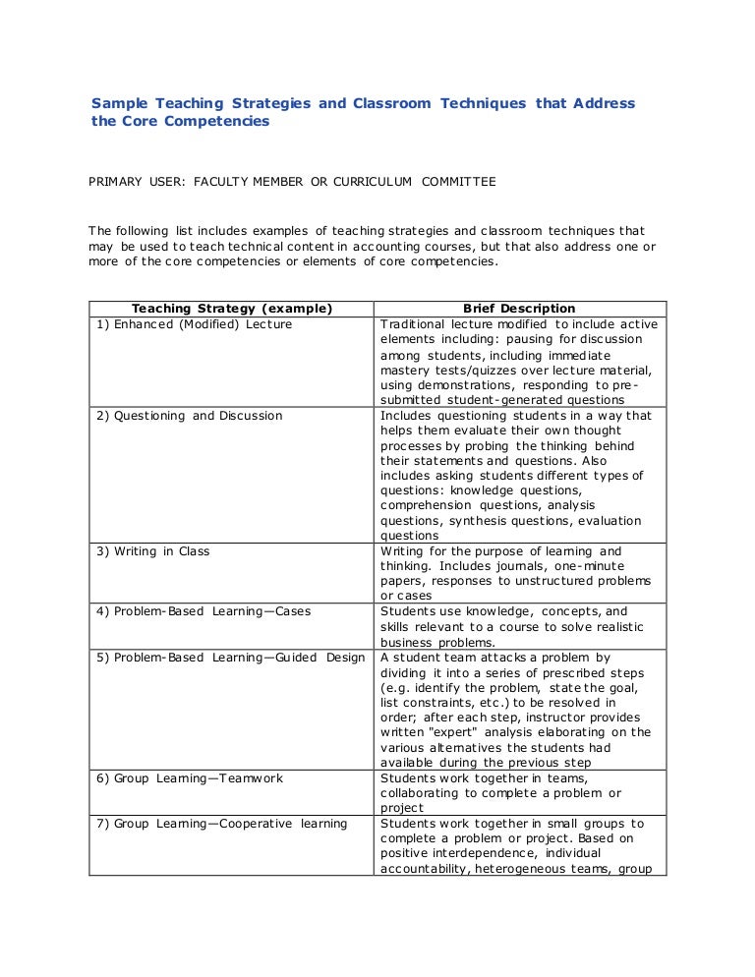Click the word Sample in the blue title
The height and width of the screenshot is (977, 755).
click(119, 103)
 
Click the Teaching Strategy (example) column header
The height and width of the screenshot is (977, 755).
click(232, 309)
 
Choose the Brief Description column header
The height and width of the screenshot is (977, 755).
click(519, 309)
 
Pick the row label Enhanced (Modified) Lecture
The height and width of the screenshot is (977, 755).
click(194, 324)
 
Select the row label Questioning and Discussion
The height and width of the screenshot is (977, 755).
click(189, 416)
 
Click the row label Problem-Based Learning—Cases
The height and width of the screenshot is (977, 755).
click(203, 611)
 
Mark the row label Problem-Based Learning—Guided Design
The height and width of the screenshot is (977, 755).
click(230, 658)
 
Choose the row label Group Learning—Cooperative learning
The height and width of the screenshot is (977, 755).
click(221, 824)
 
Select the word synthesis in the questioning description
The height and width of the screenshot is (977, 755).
click(479, 521)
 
